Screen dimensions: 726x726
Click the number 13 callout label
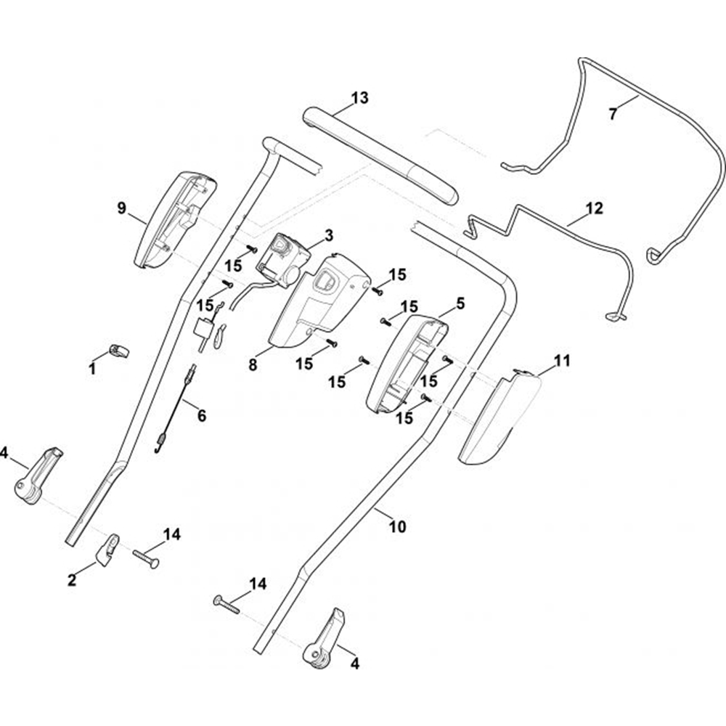tap(360, 97)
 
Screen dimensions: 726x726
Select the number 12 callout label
tap(594, 208)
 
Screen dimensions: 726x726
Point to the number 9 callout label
tap(121, 208)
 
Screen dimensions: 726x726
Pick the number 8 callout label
tap(253, 365)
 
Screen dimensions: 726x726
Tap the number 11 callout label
tap(563, 360)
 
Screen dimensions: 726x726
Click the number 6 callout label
tap(201, 416)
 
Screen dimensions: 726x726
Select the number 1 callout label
tap(92, 369)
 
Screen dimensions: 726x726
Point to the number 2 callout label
tap(72, 580)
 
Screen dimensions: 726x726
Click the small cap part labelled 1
tap(120, 351)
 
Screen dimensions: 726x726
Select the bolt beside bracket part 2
tap(145, 558)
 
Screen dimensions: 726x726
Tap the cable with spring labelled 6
tap(175, 411)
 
